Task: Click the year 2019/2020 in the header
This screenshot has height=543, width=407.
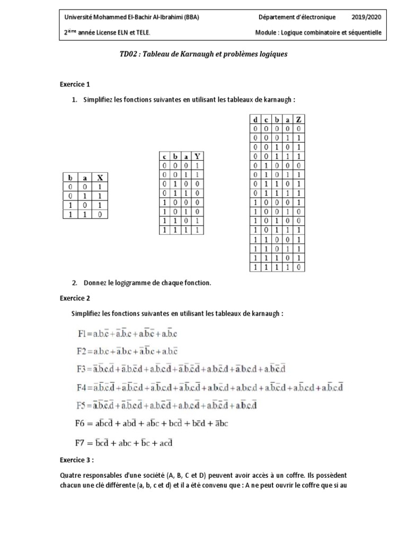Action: (366, 16)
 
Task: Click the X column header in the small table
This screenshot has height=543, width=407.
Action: (99, 179)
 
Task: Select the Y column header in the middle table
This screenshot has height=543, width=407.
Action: (198, 156)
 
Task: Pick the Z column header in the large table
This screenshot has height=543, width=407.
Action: (299, 120)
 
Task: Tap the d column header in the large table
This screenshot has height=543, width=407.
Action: (255, 120)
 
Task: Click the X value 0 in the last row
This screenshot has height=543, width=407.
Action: (99, 215)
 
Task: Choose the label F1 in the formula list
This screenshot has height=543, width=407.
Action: (85, 334)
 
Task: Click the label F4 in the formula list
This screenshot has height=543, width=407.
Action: (85, 388)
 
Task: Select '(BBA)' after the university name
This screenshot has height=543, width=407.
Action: (190, 16)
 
